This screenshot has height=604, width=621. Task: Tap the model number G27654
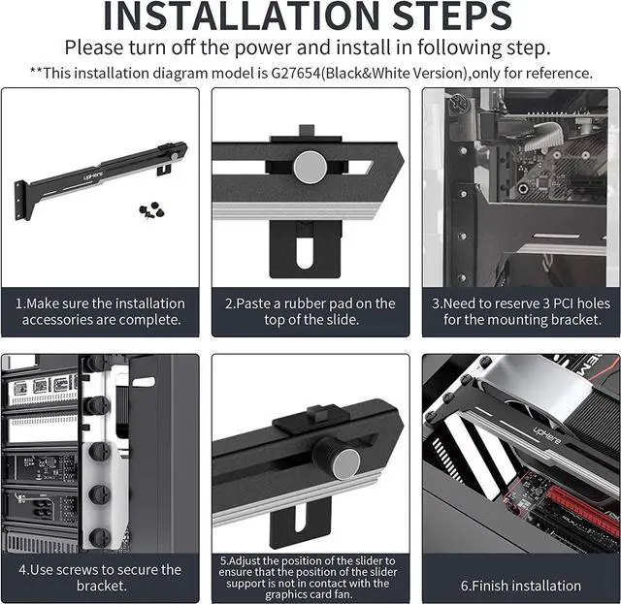295,74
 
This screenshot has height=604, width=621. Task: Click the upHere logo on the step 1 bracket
93,175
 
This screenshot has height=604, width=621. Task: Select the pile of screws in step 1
152,209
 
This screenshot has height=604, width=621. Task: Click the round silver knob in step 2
310,167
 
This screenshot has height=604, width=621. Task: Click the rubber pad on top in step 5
313,420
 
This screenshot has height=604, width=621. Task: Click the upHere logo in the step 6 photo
547,435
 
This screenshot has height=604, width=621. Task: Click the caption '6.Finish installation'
521,586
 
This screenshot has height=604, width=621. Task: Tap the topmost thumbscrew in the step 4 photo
96,364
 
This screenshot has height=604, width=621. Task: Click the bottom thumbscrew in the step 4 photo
100,537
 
